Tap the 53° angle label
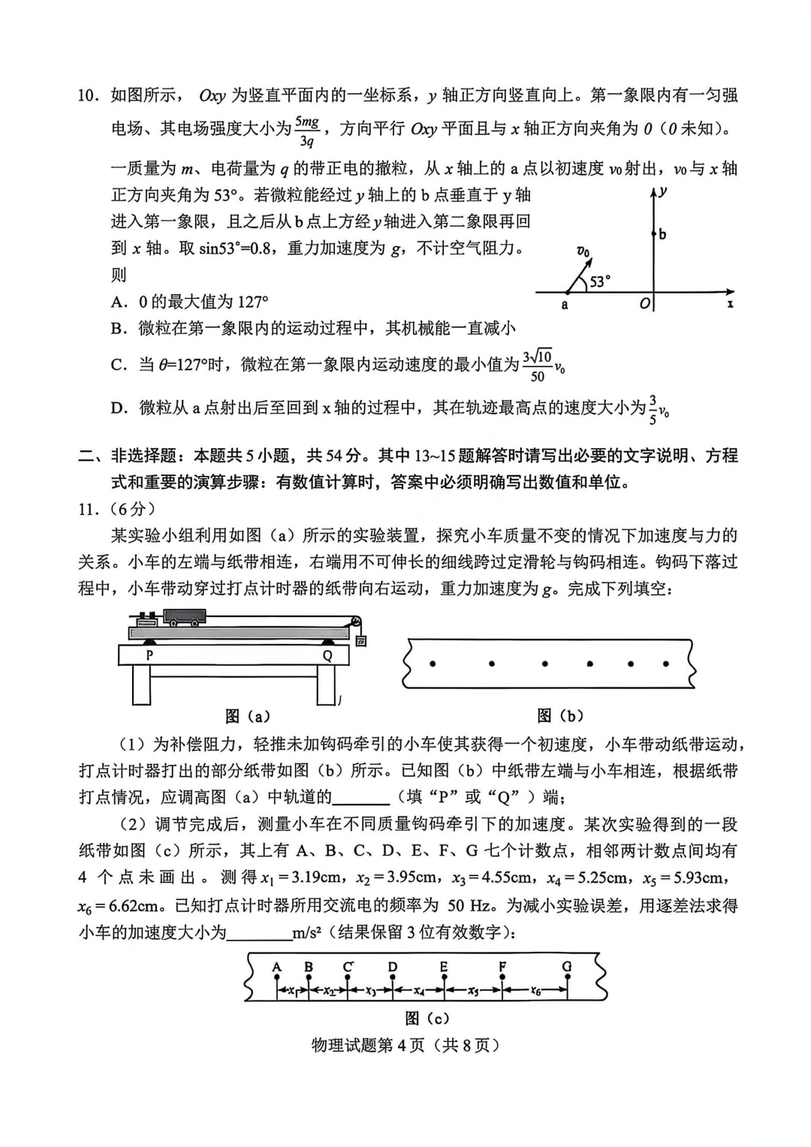pos(600,281)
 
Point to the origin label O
pos(644,304)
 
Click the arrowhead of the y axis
pos(654,192)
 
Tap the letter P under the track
pos(149,655)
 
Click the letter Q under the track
pos(327,655)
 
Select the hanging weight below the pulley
pos(360,641)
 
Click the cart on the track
pos(185,617)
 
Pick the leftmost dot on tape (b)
pos(433,663)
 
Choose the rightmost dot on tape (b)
pos(666,664)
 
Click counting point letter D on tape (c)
pos(392,967)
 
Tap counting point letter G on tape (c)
pos(567,967)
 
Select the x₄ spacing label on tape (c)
pos(418,992)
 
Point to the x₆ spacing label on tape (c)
pos(535,992)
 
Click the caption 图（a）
pos(247,716)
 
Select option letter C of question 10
pos(119,366)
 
